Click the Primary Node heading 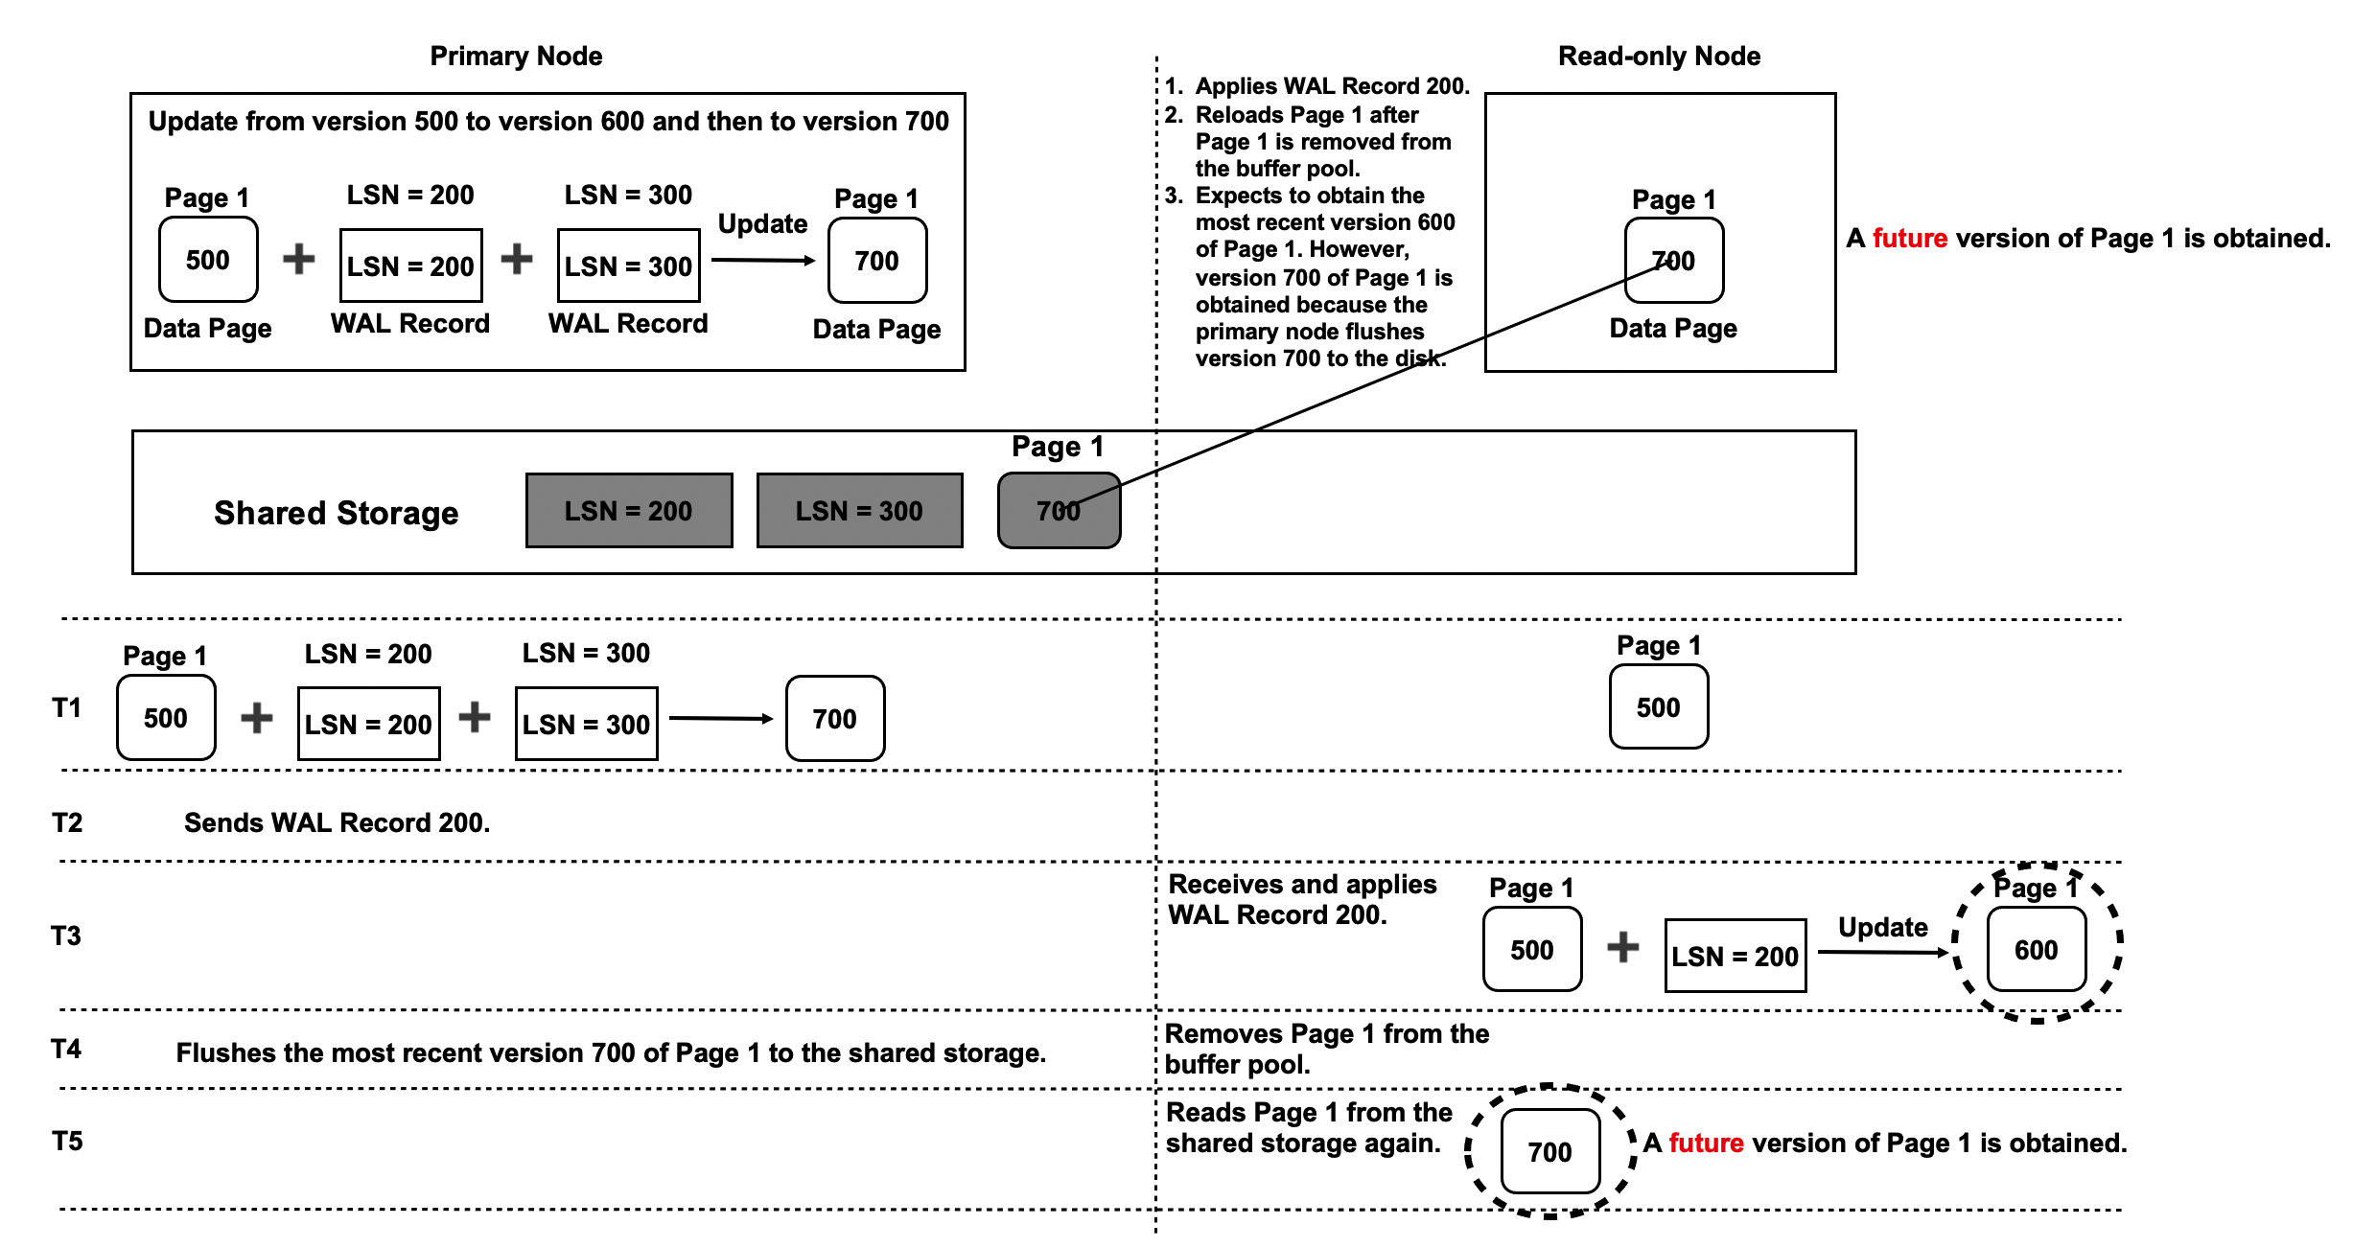point(516,57)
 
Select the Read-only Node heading point(1659,57)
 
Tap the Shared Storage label point(336,513)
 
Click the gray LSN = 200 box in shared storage point(629,511)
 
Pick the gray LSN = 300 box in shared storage point(859,511)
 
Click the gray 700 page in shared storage point(1059,511)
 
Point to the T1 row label point(66,708)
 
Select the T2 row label point(67,822)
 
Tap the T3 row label point(66,936)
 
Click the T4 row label point(66,1049)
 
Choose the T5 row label point(67,1141)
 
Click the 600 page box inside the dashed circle point(2036,950)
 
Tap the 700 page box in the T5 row point(1549,1151)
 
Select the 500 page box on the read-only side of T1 point(1658,707)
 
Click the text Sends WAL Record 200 point(337,822)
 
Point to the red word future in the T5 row point(1706,1143)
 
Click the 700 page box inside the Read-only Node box point(1673,261)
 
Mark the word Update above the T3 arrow point(1882,927)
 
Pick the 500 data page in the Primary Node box point(208,260)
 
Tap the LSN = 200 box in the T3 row point(1735,956)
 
